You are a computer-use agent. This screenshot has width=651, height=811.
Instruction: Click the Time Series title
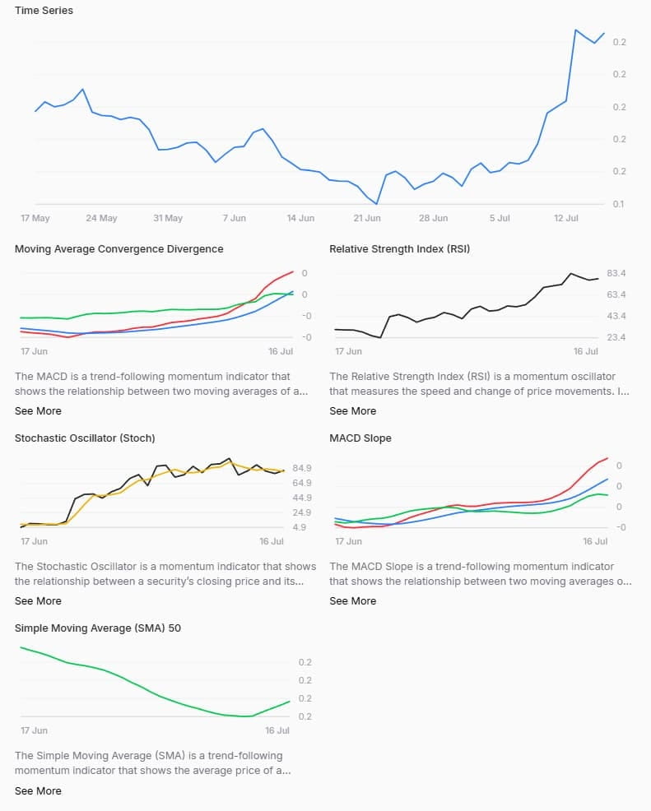[44, 11]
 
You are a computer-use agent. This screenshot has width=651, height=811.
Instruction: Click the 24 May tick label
[101, 218]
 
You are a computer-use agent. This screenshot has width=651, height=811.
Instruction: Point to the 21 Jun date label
[367, 218]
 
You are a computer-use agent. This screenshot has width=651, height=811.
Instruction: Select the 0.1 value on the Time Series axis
[619, 204]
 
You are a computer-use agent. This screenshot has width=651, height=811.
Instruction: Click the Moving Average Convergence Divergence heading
[119, 248]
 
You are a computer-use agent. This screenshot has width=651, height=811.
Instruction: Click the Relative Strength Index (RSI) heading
[399, 248]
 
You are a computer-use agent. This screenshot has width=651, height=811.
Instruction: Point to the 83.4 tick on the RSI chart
[616, 273]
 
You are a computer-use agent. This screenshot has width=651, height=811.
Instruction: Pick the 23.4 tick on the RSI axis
[616, 337]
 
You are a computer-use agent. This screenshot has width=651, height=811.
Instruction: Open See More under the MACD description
[38, 410]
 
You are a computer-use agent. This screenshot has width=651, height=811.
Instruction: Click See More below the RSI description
[352, 410]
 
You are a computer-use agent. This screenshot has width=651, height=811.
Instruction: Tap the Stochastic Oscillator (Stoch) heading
[85, 438]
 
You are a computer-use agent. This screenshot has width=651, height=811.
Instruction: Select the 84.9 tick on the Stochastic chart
[301, 468]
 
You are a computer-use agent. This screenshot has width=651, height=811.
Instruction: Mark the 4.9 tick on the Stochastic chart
[299, 527]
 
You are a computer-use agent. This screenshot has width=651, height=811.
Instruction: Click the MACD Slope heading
[360, 438]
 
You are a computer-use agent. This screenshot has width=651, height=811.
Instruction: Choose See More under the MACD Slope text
[352, 600]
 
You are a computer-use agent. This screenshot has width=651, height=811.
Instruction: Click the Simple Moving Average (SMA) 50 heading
[98, 628]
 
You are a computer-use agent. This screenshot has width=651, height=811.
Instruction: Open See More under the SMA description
[38, 790]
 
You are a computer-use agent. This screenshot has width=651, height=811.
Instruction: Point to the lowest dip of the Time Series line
[376, 203]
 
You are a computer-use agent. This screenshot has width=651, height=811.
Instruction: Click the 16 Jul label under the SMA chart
[277, 730]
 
